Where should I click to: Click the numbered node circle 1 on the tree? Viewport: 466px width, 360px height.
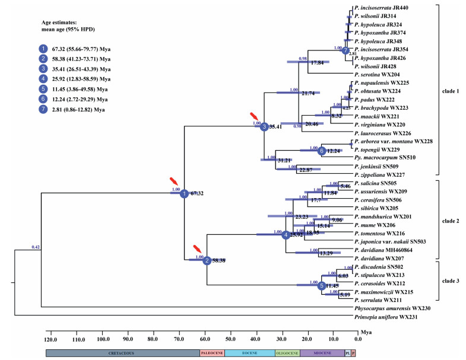[x=184, y=193]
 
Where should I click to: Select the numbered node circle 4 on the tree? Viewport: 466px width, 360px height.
[x=286, y=235]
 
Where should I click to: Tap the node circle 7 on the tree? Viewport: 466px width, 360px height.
[x=345, y=50]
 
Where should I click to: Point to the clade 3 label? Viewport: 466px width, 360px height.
[x=456, y=281]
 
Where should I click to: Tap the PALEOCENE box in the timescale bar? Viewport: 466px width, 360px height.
[x=212, y=352]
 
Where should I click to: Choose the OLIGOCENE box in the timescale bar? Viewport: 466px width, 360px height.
[x=287, y=352]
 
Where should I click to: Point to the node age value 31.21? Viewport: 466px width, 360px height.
[x=287, y=161]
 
